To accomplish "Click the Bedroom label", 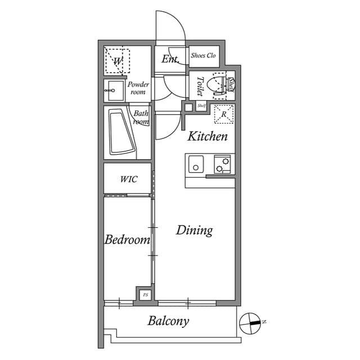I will click(127, 240).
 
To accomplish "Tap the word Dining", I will click(194, 230).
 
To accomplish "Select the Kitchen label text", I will click(208, 136).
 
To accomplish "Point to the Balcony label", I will click(168, 322).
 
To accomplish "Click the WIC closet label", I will click(129, 179).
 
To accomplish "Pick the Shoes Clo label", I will click(203, 56).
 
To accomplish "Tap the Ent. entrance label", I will click(170, 59).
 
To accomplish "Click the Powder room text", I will click(138, 88).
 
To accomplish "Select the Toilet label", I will click(199, 86).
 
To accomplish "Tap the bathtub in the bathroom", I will click(121, 132).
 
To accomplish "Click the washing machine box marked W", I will click(118, 61).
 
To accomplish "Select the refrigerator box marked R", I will click(224, 114).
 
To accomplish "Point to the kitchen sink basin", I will click(195, 166).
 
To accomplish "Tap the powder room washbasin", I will click(115, 89).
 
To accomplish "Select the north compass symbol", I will click(249, 323).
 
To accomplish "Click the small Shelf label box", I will click(201, 106).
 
